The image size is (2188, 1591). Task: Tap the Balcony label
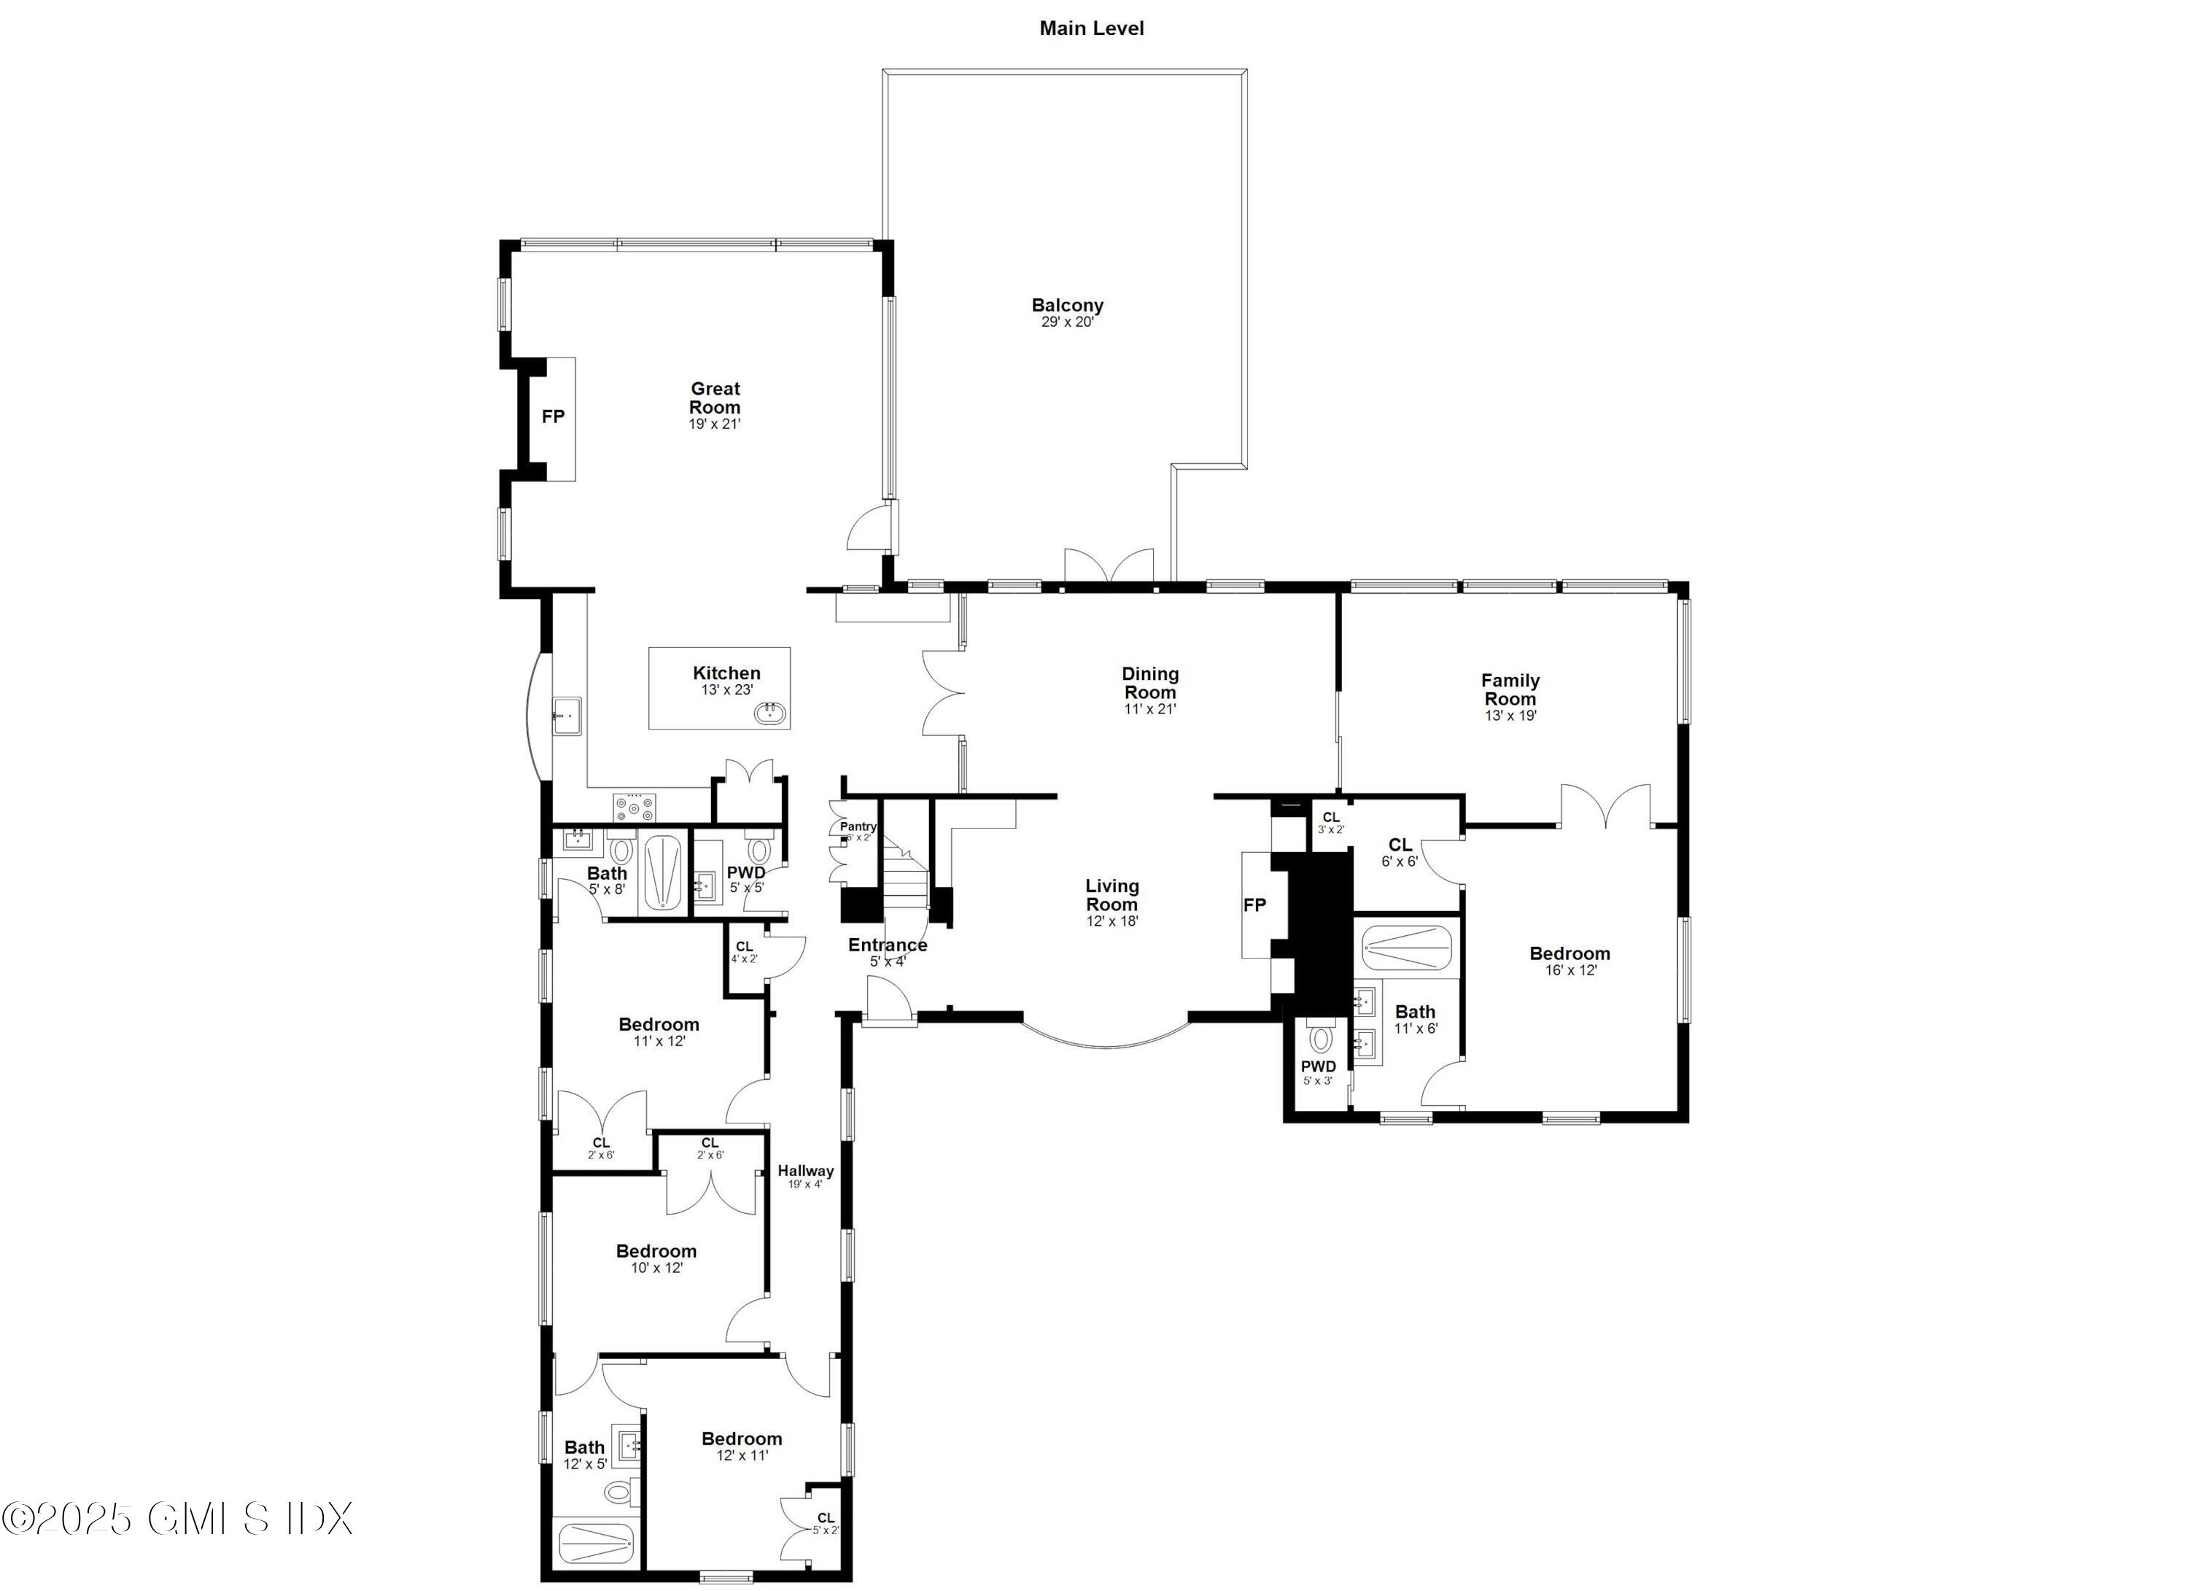coord(1067,306)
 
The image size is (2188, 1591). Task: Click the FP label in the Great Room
coord(553,417)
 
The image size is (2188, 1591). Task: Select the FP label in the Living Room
coord(1254,905)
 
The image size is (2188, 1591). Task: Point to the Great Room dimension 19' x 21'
coord(714,424)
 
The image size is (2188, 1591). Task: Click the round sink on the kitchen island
coord(770,714)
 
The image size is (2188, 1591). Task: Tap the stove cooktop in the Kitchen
coord(634,805)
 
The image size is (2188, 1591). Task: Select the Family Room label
coord(1510,690)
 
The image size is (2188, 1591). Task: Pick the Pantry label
coord(858,827)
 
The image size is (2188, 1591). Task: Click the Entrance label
coord(888,945)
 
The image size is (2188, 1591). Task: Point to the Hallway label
coord(805,1172)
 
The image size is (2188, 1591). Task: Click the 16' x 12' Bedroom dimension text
coord(1570,971)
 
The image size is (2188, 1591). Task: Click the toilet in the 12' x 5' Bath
coord(618,1493)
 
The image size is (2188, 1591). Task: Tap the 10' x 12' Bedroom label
coord(656,1251)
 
